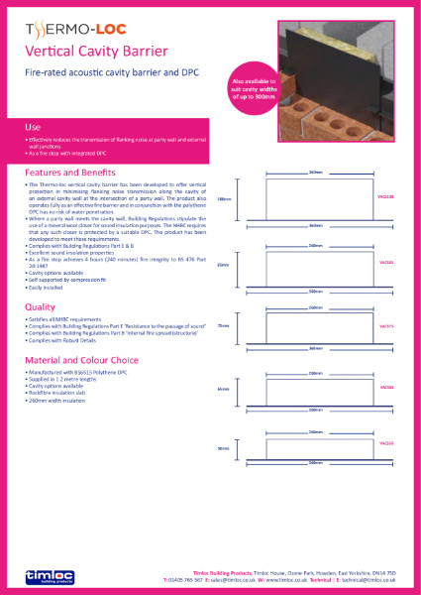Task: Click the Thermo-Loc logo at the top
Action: (70, 29)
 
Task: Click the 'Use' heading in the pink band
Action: (33, 127)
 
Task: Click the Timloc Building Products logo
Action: (46, 574)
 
